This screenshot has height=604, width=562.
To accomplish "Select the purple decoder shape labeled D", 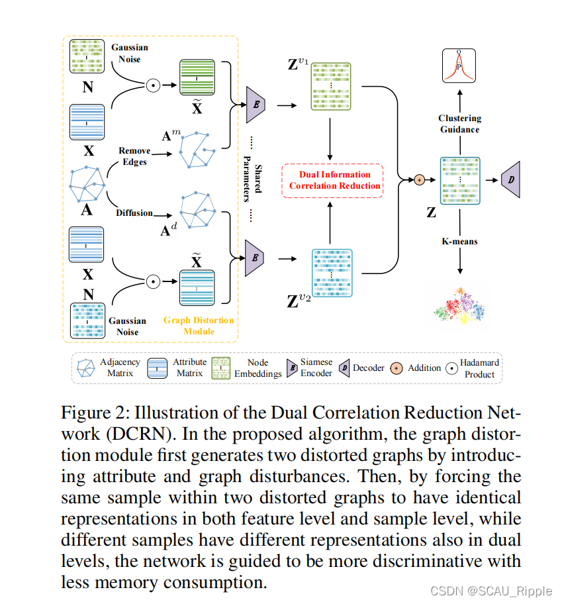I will (x=512, y=179).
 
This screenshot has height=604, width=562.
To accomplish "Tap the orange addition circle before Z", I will (x=418, y=180).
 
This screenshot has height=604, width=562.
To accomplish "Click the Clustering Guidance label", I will (x=459, y=124).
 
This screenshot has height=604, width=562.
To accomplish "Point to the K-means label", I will (x=459, y=242).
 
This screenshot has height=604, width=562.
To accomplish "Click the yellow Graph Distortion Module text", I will (x=199, y=325).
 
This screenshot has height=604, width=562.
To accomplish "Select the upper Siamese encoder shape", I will (x=255, y=104).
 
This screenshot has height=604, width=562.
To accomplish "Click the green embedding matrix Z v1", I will (x=330, y=86).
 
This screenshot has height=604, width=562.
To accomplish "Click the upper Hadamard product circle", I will (x=153, y=85).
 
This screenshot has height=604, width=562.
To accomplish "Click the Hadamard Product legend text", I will (x=479, y=368).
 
